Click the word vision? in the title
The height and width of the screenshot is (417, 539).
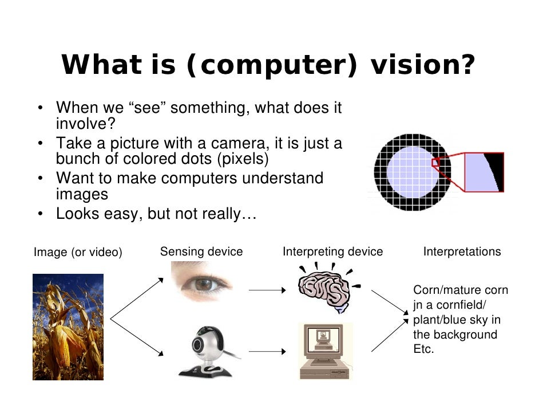coord(423,65)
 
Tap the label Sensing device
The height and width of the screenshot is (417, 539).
coord(201,251)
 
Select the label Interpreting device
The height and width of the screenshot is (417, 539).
coord(332,251)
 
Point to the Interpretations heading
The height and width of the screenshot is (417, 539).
coord(462,251)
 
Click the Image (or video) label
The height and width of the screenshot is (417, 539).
coord(78,252)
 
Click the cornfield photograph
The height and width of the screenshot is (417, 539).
coord(68,326)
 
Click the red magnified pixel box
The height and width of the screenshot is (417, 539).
coord(483,172)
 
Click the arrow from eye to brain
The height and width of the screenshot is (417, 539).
coord(267,291)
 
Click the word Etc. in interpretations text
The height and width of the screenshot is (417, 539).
coord(423,349)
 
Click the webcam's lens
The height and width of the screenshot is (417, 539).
coord(199,345)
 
